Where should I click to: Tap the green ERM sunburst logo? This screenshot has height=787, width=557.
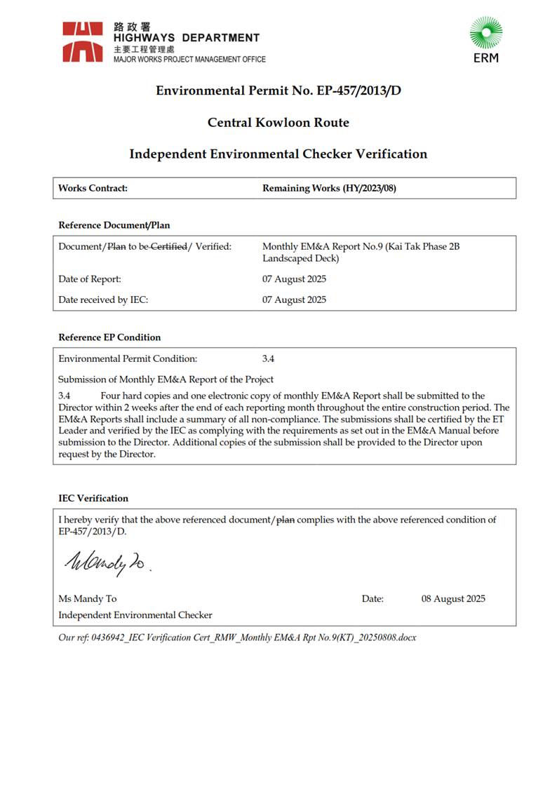[485, 34]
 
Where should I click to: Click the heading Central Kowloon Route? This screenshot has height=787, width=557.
[278, 123]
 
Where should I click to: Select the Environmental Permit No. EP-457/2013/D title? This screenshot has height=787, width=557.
[278, 90]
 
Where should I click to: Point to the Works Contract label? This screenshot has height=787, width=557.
[93, 188]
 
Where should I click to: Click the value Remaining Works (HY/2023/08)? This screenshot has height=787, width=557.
[329, 188]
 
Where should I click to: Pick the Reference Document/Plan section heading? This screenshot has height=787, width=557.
[114, 225]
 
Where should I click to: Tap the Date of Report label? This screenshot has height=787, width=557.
[90, 279]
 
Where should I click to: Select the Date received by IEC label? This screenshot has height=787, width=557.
[103, 300]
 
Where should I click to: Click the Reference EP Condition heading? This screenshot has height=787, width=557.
[109, 337]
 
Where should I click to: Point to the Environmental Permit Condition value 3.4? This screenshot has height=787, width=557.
[268, 358]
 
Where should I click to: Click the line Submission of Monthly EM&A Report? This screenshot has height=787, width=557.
[166, 379]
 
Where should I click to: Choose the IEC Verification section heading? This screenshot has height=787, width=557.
[93, 498]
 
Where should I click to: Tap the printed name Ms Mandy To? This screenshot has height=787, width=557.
[88, 598]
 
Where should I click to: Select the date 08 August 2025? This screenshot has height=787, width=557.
[453, 598]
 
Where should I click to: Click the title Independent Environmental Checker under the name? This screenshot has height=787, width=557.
[135, 614]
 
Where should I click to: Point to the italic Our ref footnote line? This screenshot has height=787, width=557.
[237, 637]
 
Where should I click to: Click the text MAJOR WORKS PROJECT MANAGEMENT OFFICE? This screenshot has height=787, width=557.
[189, 60]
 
